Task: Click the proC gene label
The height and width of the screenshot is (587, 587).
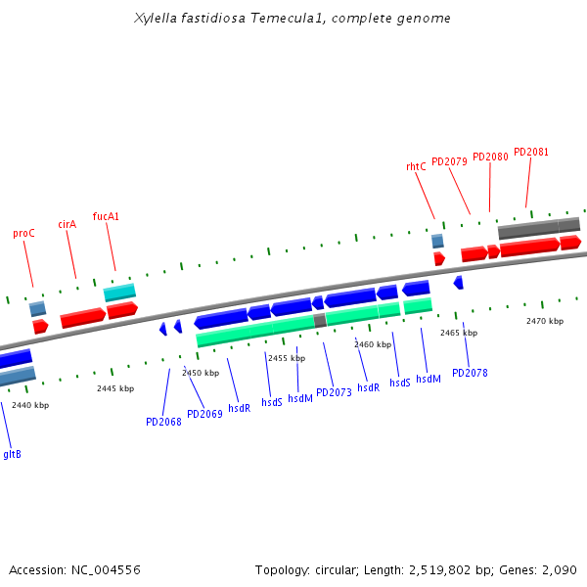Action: click(23, 234)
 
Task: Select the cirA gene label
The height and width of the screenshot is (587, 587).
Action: click(67, 224)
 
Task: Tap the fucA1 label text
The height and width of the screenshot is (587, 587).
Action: click(106, 216)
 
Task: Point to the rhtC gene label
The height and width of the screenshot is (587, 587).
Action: click(416, 166)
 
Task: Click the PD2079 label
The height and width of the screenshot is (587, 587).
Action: click(449, 161)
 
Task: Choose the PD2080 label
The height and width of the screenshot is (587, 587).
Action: click(490, 157)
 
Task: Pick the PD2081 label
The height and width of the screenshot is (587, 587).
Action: click(531, 152)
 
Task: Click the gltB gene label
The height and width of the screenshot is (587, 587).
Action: click(12, 453)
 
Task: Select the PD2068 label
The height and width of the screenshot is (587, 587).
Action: click(163, 422)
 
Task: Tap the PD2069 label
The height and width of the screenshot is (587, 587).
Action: click(204, 414)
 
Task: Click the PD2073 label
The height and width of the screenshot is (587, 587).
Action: click(334, 392)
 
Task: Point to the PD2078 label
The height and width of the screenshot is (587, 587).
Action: click(470, 373)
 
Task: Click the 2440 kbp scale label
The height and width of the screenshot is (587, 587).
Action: click(30, 405)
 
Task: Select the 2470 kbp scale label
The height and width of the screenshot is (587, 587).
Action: click(545, 321)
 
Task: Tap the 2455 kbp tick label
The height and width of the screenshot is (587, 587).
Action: click(287, 358)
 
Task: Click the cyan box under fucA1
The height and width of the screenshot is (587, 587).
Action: click(119, 293)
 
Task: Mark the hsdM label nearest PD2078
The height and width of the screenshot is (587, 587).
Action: click(429, 379)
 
